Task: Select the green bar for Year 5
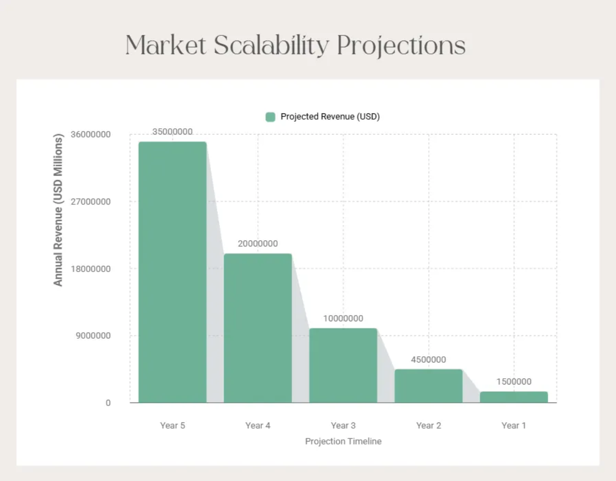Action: [172, 272]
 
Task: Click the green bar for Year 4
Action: [258, 328]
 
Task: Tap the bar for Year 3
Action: [343, 365]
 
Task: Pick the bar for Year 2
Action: [429, 386]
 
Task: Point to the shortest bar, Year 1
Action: [514, 397]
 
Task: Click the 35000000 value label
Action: [172, 131]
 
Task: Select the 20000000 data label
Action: [258, 243]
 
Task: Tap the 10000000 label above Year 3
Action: [343, 318]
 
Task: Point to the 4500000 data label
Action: [428, 359]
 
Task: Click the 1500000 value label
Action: [514, 381]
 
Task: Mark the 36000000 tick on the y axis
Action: [91, 134]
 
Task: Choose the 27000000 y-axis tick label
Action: [91, 202]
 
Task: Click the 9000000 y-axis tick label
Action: [93, 336]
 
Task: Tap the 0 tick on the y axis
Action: [108, 403]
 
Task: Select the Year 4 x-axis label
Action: [258, 426]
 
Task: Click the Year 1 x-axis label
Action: [514, 426]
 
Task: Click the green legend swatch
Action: [271, 117]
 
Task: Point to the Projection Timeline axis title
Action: [343, 441]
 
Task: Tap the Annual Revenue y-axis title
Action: [58, 210]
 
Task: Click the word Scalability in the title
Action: [271, 46]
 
